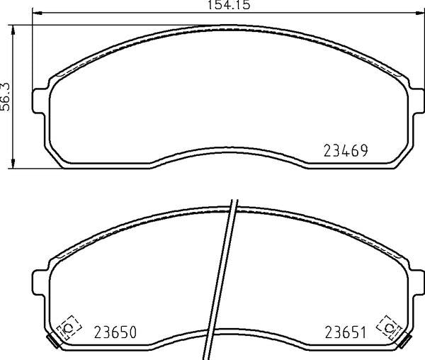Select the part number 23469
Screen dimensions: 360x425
(348, 150)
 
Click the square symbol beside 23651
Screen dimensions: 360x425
(389, 327)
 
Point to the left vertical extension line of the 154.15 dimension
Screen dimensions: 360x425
(35, 43)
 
